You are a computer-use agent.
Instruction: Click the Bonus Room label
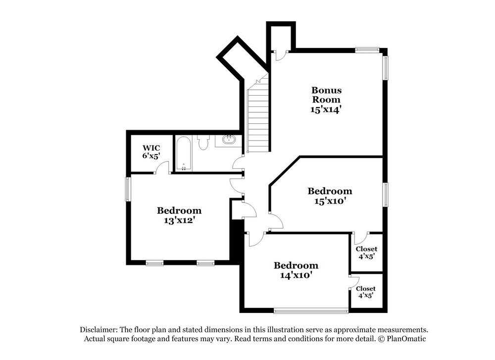click(326, 95)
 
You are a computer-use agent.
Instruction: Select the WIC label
click(151, 148)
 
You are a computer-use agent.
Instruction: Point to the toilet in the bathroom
click(203, 142)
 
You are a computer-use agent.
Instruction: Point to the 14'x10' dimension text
click(296, 275)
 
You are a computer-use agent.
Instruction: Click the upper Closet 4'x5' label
click(366, 253)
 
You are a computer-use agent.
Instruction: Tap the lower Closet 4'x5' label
click(366, 292)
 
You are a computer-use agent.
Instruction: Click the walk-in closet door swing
click(161, 168)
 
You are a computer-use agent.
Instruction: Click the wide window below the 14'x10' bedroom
click(311, 311)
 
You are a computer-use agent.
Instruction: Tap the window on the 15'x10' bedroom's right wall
click(386, 194)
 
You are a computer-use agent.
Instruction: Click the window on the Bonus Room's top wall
click(367, 50)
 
